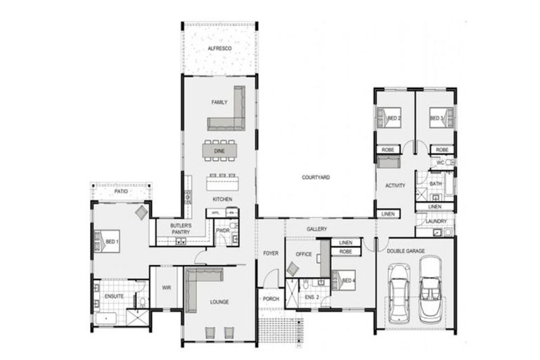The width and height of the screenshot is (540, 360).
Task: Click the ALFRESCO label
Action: click(219, 49)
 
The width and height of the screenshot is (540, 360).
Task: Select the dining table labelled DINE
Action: click(219, 150)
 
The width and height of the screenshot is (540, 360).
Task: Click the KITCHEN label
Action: click(222, 199)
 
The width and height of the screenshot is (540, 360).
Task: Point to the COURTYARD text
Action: click(316, 178)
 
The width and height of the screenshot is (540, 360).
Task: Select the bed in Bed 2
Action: click(389, 117)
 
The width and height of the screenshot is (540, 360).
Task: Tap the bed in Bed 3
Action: click(440, 117)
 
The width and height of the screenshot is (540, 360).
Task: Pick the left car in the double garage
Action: click(399, 288)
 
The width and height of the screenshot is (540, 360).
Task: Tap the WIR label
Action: click(166, 288)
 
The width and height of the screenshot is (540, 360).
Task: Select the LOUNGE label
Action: click(219, 302)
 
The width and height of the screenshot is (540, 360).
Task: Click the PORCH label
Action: click(270, 297)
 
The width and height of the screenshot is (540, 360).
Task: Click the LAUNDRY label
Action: click(436, 221)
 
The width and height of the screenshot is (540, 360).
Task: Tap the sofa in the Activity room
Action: click(388, 162)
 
